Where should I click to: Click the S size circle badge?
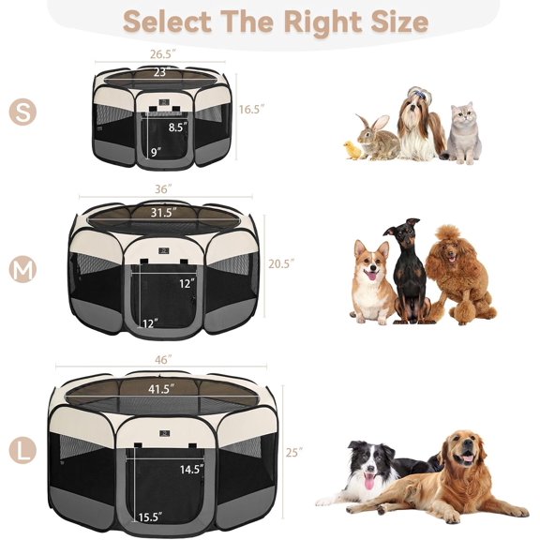click(22, 111)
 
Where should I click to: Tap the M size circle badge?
click(22, 270)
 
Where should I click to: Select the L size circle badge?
click(22, 452)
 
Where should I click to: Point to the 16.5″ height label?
click(251, 109)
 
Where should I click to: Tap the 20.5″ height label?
click(280, 263)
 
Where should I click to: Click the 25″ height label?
click(294, 452)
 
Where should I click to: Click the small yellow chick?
click(352, 149)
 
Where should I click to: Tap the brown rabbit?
click(376, 139)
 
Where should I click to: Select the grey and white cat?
click(462, 133)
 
